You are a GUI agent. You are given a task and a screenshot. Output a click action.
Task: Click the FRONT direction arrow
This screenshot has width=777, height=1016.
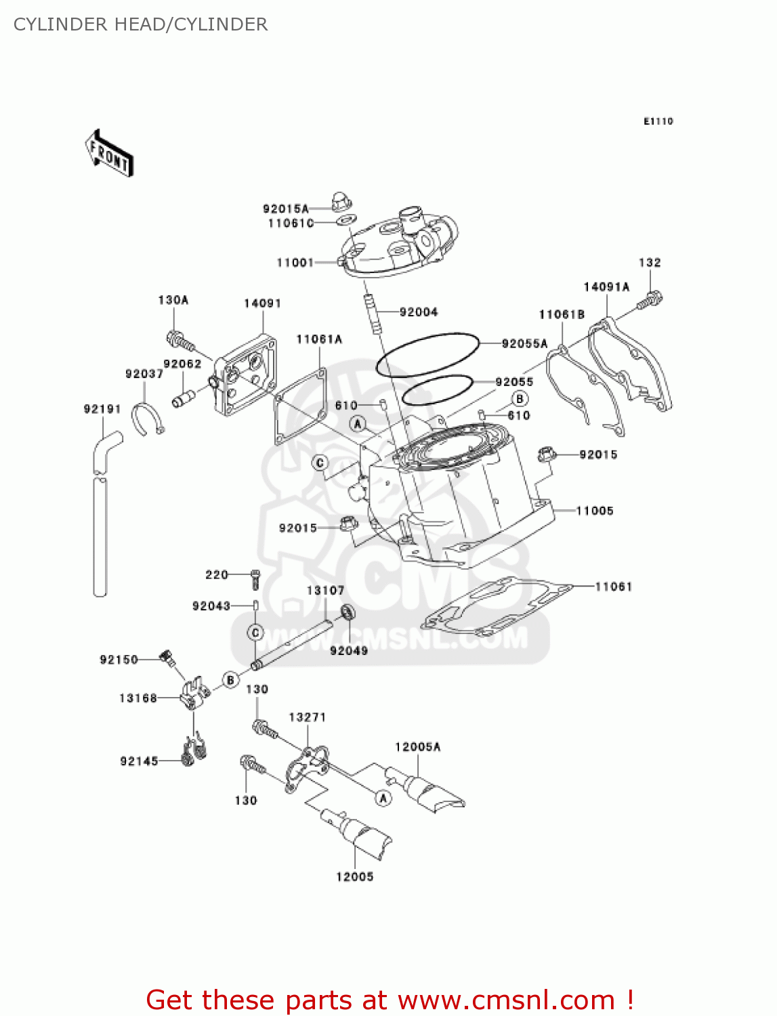(x=109, y=154)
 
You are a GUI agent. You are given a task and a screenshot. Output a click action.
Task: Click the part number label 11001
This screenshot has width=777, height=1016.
(x=295, y=263)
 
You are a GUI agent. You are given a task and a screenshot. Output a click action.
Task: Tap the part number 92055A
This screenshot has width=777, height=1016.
(x=524, y=344)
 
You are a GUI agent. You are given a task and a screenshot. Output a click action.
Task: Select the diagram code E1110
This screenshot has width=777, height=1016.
(x=658, y=121)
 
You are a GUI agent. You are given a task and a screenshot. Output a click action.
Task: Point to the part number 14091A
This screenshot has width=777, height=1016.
(x=606, y=287)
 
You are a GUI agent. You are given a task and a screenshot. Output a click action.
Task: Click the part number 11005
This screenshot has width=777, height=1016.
(x=594, y=511)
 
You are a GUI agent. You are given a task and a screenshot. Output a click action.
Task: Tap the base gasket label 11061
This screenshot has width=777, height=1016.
(x=613, y=587)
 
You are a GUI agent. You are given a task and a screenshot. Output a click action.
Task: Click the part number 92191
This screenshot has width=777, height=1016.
(x=102, y=409)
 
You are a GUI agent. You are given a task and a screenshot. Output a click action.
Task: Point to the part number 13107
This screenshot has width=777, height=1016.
(x=325, y=591)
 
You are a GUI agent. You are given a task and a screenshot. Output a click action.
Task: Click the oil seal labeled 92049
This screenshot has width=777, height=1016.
(x=348, y=612)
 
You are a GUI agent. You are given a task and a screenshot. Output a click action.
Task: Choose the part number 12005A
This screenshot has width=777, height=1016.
(x=417, y=747)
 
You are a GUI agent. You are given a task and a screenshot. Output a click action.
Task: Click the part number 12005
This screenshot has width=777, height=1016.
(x=354, y=877)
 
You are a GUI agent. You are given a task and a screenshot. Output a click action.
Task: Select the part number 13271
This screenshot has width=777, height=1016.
(x=307, y=717)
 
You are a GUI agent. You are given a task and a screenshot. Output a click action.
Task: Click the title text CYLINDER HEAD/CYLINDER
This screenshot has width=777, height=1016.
(x=141, y=24)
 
